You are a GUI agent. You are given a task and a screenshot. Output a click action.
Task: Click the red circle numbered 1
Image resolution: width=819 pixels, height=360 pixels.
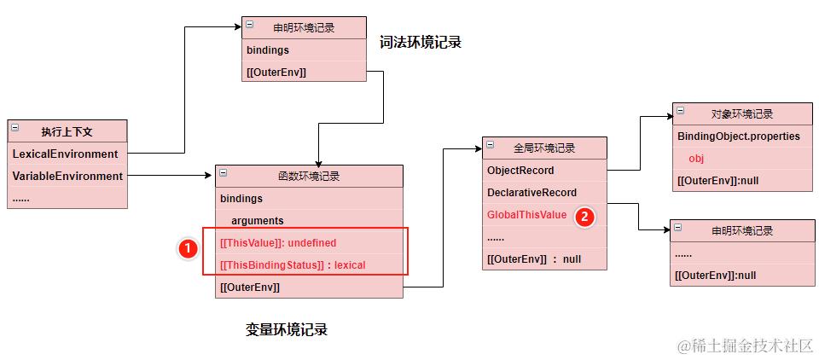(187, 249)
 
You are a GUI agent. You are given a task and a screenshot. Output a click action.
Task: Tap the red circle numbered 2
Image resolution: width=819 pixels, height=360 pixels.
(584, 216)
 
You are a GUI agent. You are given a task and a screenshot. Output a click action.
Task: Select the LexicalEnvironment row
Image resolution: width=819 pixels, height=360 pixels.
(65, 154)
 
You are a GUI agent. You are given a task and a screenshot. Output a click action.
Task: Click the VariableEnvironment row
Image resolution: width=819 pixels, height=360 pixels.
(67, 177)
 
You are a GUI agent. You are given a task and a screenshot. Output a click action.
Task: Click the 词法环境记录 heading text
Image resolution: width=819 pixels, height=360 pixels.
(420, 42)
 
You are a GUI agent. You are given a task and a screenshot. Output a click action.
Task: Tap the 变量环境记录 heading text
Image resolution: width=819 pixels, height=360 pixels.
(287, 330)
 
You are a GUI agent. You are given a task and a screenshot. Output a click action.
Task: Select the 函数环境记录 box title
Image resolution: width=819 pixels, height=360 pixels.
(309, 177)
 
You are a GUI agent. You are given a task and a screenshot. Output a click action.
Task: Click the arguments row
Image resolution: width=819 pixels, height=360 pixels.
(257, 221)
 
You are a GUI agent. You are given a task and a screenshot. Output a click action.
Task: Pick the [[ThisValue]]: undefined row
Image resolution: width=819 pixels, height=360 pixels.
(278, 243)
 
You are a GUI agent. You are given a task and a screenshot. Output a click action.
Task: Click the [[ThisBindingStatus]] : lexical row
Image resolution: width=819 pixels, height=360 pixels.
(293, 265)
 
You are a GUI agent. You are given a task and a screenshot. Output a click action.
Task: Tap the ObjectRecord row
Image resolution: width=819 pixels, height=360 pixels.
(520, 171)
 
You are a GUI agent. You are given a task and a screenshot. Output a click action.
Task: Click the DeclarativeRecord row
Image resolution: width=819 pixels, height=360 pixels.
(531, 193)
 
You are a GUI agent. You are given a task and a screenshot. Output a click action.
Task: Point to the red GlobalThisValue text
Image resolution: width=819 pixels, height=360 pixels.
(526, 215)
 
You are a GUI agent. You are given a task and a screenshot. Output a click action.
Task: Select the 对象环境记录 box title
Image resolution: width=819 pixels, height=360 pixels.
(741, 114)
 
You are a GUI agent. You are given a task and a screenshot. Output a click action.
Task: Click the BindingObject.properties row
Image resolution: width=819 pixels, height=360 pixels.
(739, 136)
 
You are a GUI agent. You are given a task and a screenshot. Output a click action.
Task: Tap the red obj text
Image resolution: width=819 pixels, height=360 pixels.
(696, 159)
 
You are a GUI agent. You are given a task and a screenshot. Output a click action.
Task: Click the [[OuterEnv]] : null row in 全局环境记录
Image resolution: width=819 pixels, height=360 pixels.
(533, 259)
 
